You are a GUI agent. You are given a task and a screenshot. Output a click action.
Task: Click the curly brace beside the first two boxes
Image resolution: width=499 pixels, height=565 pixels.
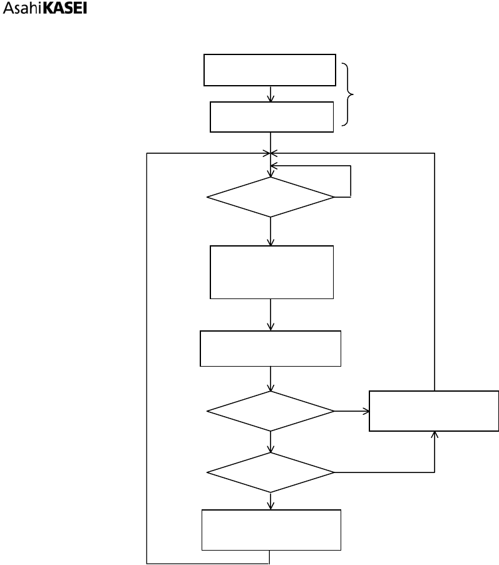point(350,93)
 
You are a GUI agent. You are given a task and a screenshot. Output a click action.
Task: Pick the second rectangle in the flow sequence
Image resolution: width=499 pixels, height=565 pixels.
point(271,117)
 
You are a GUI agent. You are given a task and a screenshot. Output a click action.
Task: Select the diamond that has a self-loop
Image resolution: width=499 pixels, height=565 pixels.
point(271,197)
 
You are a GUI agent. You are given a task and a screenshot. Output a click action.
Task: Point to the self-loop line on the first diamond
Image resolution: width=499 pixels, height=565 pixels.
point(351,181)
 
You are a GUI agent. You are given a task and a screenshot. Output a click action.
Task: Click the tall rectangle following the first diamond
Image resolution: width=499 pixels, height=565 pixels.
point(271,272)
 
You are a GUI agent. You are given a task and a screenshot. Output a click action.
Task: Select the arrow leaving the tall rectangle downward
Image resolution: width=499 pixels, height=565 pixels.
point(271,315)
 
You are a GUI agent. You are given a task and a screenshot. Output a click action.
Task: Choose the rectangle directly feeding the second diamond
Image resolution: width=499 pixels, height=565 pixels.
point(270,348)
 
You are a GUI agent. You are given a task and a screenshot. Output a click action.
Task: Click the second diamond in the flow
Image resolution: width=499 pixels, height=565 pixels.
point(271,411)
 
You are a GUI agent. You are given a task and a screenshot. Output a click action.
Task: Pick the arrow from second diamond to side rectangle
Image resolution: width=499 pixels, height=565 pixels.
point(352,411)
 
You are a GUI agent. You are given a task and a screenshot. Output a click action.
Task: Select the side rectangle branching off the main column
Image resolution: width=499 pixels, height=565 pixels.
point(434,411)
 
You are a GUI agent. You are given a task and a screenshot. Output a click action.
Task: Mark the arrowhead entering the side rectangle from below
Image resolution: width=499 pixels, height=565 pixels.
point(435,435)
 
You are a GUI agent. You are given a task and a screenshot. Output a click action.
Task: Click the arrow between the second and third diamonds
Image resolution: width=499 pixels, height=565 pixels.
point(271,441)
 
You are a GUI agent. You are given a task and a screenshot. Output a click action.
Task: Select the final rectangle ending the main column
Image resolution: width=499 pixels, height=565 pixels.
point(271,529)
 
